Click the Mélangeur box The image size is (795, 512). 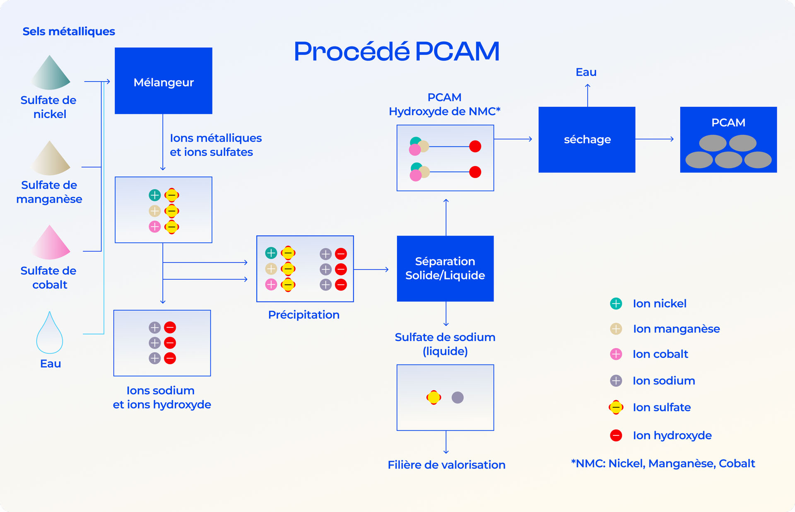(x=163, y=81)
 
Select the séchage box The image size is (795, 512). (x=587, y=140)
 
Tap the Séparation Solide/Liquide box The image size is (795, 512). (x=445, y=268)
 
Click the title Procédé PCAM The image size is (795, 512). (x=396, y=52)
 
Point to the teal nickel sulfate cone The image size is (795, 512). (x=51, y=74)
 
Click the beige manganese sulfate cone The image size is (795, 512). (x=51, y=159)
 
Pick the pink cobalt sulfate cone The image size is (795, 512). (x=51, y=243)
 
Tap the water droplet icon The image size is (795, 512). (x=50, y=333)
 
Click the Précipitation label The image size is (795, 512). (x=304, y=315)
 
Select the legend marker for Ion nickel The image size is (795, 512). (x=616, y=304)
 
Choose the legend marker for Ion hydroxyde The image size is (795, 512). (x=616, y=435)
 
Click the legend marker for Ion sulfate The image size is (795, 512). (x=616, y=408)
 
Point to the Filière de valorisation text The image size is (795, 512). (x=446, y=465)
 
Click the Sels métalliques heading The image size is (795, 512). (x=69, y=31)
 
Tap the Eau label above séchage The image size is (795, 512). (x=586, y=72)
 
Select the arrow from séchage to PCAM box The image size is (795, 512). (x=654, y=139)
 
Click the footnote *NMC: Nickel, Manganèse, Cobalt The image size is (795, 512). (x=663, y=464)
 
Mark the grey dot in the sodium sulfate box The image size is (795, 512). (x=458, y=398)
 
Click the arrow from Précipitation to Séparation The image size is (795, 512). (x=371, y=270)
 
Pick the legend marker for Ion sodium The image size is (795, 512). (x=616, y=381)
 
